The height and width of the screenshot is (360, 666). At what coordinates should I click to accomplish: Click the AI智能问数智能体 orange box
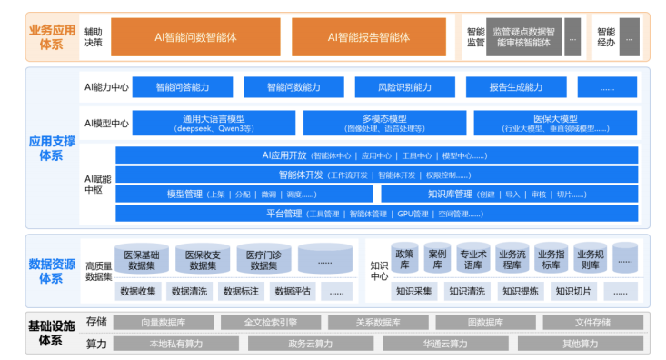196,37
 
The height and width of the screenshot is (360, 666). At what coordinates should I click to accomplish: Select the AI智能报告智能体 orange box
369,37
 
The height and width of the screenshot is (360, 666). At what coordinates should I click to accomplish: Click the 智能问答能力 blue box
182,87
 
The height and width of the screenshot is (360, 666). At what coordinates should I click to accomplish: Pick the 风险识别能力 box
405,87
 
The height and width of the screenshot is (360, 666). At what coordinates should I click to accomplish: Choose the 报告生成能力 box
515,87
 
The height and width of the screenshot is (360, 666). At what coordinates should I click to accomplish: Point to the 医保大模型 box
555,123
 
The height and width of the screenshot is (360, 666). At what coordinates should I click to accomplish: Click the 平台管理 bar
376,214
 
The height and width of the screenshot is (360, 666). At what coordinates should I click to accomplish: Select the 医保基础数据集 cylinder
142,260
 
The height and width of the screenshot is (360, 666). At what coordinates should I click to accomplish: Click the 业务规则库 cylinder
590,258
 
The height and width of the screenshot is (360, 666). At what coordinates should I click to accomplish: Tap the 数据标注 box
241,292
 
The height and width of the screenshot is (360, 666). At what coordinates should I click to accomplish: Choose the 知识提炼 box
522,292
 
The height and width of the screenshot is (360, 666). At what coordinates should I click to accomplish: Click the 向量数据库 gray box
164,323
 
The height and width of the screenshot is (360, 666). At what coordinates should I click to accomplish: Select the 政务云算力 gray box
310,344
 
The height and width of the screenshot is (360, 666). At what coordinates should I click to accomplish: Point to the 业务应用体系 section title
53,36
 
